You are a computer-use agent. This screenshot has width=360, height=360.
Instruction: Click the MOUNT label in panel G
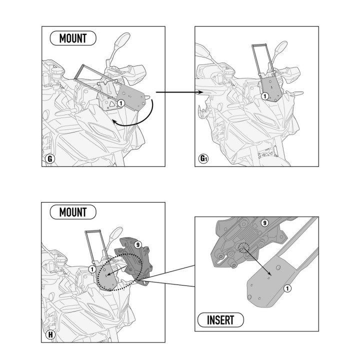pos(73,38)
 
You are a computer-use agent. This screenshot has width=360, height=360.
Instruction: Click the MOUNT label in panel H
pos(73,212)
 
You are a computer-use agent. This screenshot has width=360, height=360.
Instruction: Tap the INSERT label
pos(220,320)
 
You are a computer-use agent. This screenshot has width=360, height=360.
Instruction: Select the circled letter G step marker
pos(50,158)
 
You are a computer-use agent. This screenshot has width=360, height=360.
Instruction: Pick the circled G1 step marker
pos(203,158)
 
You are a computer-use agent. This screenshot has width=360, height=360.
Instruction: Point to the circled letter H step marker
pos(50,334)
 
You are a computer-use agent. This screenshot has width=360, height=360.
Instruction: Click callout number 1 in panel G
pos(121,103)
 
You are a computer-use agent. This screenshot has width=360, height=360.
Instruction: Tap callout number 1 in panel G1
pos(265,96)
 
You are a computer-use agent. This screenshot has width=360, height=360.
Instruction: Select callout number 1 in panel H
pos(92,269)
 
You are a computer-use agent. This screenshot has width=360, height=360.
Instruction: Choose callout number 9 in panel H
pos(138,244)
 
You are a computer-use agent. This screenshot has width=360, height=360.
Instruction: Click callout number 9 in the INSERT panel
pos(265,222)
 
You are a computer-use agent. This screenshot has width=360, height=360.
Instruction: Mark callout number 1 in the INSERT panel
pos(287,288)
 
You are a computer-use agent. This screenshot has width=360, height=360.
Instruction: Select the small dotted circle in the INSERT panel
pos(244,247)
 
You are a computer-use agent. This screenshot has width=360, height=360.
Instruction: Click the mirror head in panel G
pos(123,39)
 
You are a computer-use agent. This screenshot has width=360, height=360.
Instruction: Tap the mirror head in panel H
pos(116,233)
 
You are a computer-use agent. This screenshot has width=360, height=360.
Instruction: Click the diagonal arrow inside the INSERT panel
pos(257,260)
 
